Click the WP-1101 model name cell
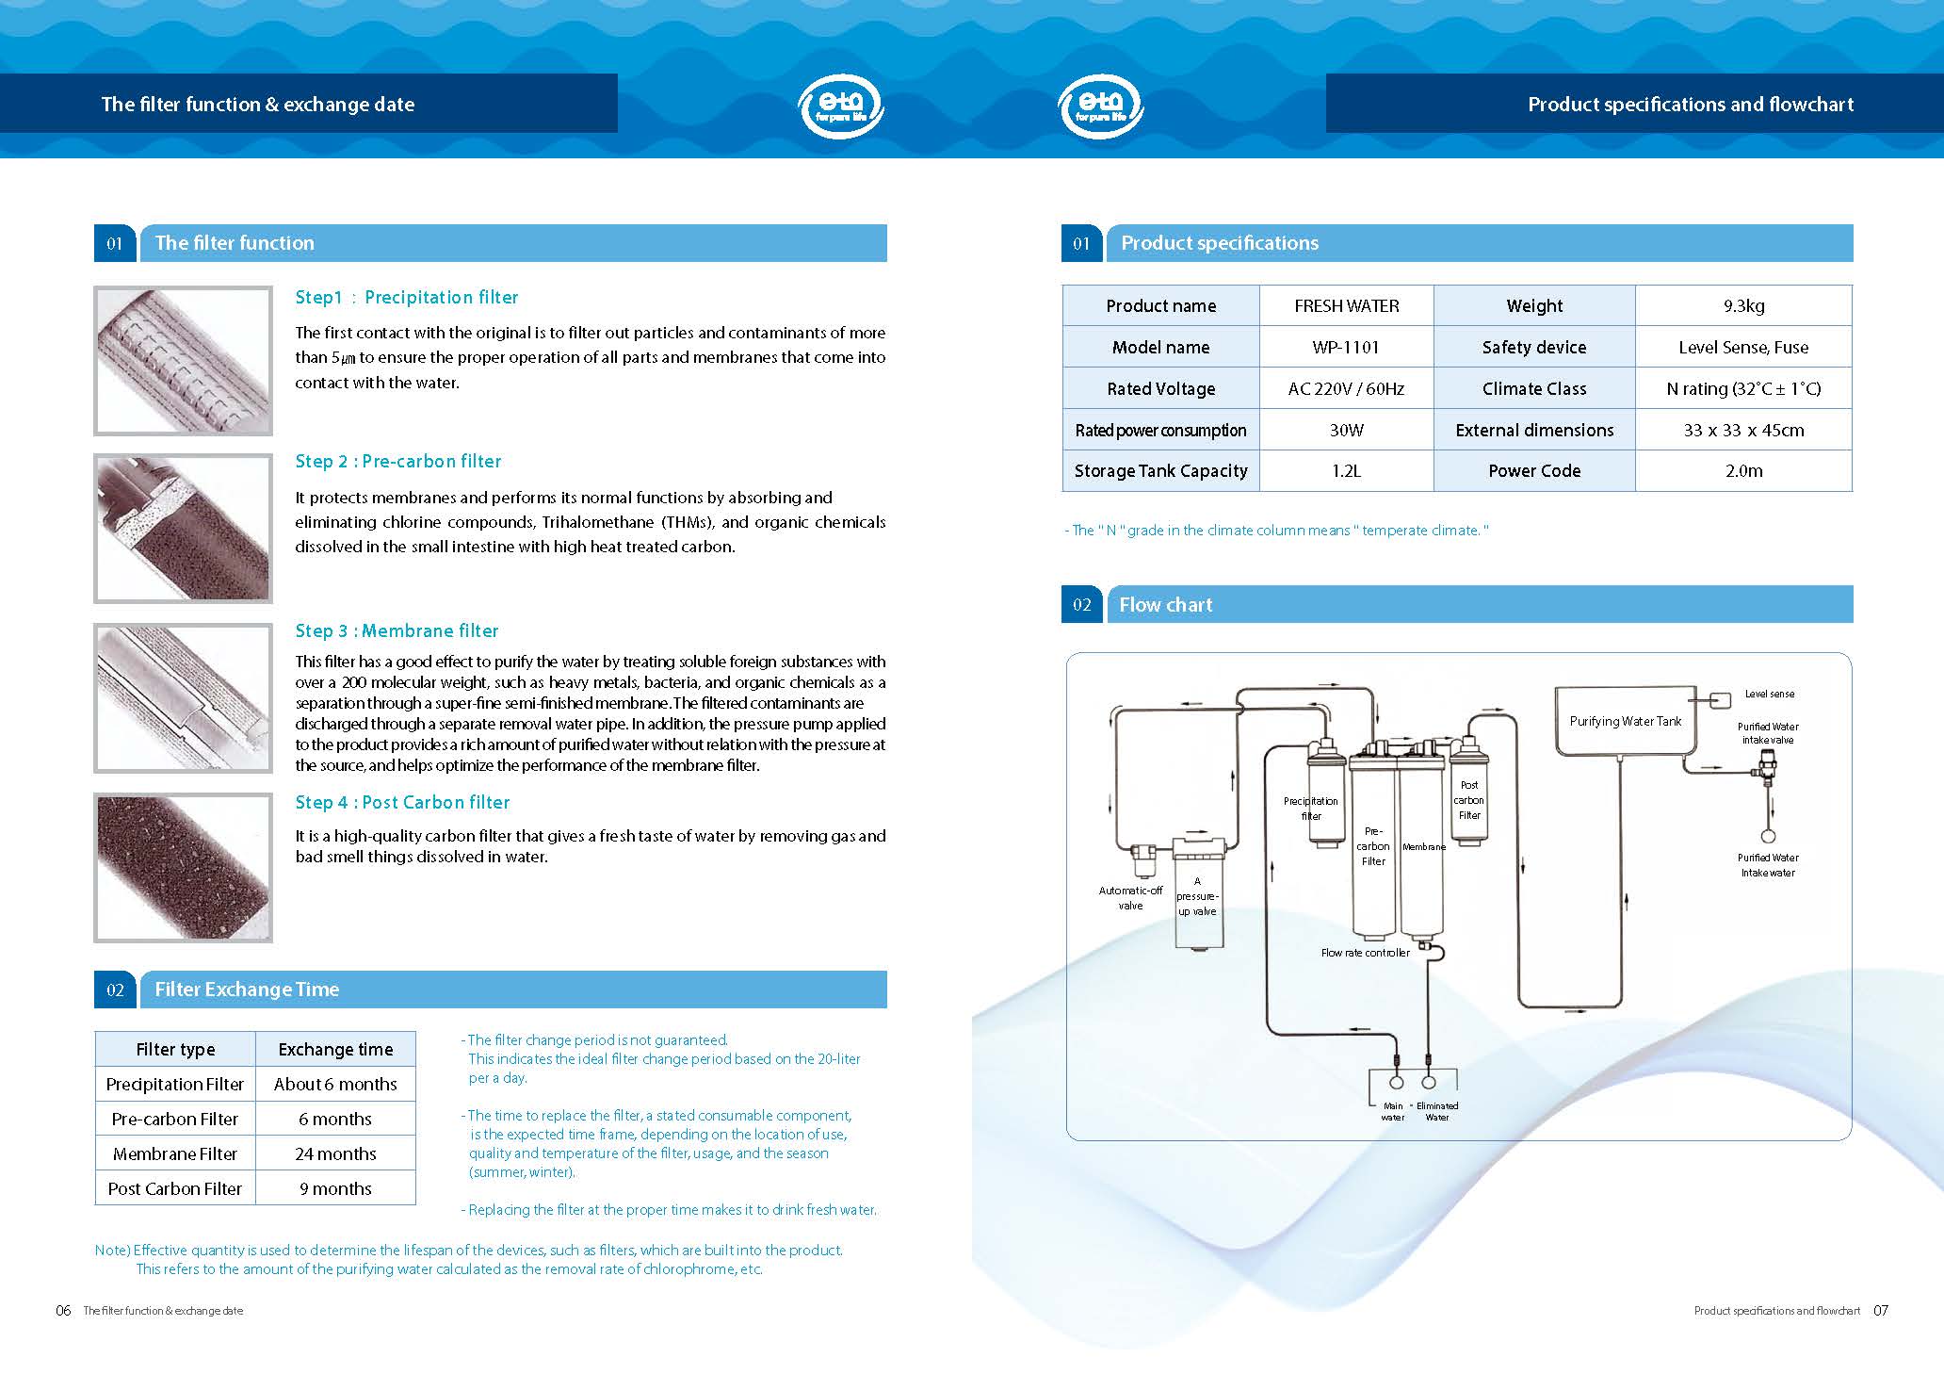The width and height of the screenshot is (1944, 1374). coord(1346,347)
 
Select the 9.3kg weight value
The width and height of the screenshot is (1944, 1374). coord(1743,305)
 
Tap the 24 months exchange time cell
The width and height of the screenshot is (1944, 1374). coord(335,1153)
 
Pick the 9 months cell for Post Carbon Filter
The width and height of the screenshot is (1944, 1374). coord(335,1188)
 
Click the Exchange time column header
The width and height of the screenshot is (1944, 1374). coord(335,1049)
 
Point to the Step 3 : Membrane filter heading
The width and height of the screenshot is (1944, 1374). coord(397,630)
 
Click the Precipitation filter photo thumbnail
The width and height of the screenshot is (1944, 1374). coord(184,361)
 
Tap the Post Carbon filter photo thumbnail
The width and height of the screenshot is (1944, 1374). coord(184,868)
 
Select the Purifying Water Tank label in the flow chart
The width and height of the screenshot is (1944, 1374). coord(1625,721)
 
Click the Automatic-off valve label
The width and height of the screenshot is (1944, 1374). coord(1130,897)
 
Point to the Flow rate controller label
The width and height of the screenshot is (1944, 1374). coord(1365,953)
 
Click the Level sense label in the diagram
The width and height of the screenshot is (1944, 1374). coord(1769,694)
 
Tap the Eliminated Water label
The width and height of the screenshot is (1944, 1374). coord(1437,1111)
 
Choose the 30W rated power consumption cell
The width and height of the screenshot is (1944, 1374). coord(1346,430)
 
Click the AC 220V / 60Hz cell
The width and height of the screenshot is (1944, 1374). coord(1346,388)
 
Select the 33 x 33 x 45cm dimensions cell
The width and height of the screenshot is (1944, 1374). coord(1743,430)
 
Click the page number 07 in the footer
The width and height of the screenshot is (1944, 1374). coord(1880,1310)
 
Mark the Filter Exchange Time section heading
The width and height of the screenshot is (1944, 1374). coord(247,990)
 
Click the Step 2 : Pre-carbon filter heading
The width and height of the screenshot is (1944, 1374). coord(397,461)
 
